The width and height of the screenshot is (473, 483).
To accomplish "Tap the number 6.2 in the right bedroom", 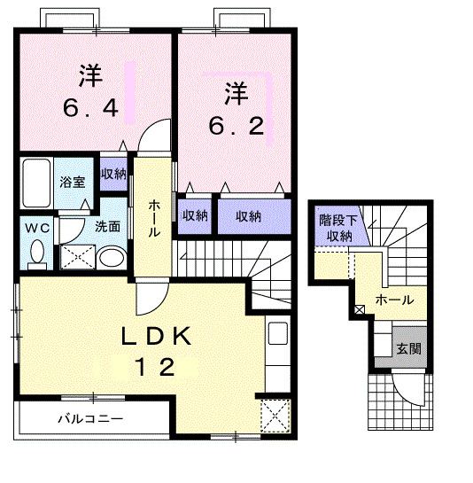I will [236, 126].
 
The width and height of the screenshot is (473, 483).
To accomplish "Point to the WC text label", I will [36, 228].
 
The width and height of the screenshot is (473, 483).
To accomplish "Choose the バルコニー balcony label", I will [91, 417].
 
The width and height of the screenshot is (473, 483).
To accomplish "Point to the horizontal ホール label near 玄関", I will [394, 300].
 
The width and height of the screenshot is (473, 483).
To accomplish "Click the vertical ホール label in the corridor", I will [153, 218].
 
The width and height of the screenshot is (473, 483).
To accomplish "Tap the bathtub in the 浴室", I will [37, 183].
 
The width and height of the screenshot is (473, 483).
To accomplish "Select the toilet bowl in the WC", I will [36, 254].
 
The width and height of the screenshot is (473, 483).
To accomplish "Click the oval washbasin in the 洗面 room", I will [112, 258].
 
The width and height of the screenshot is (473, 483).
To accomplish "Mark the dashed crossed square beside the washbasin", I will [77, 258].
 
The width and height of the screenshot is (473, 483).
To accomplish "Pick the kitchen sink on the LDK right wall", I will [276, 338].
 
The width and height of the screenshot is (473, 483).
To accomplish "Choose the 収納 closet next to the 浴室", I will [112, 174].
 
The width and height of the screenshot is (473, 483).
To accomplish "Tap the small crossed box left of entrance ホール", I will [360, 310].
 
